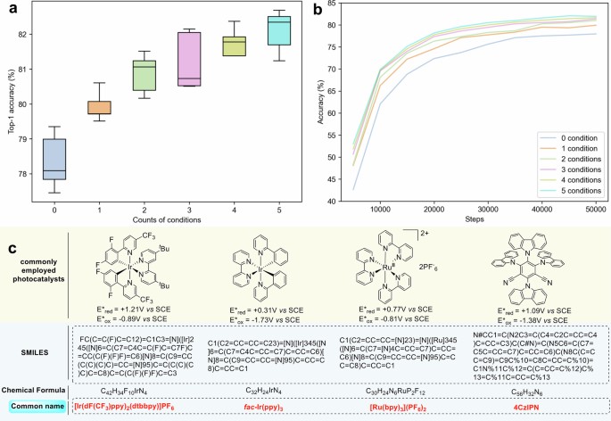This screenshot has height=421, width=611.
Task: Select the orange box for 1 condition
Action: click(100, 107)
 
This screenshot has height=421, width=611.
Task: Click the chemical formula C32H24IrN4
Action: click(268, 390)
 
